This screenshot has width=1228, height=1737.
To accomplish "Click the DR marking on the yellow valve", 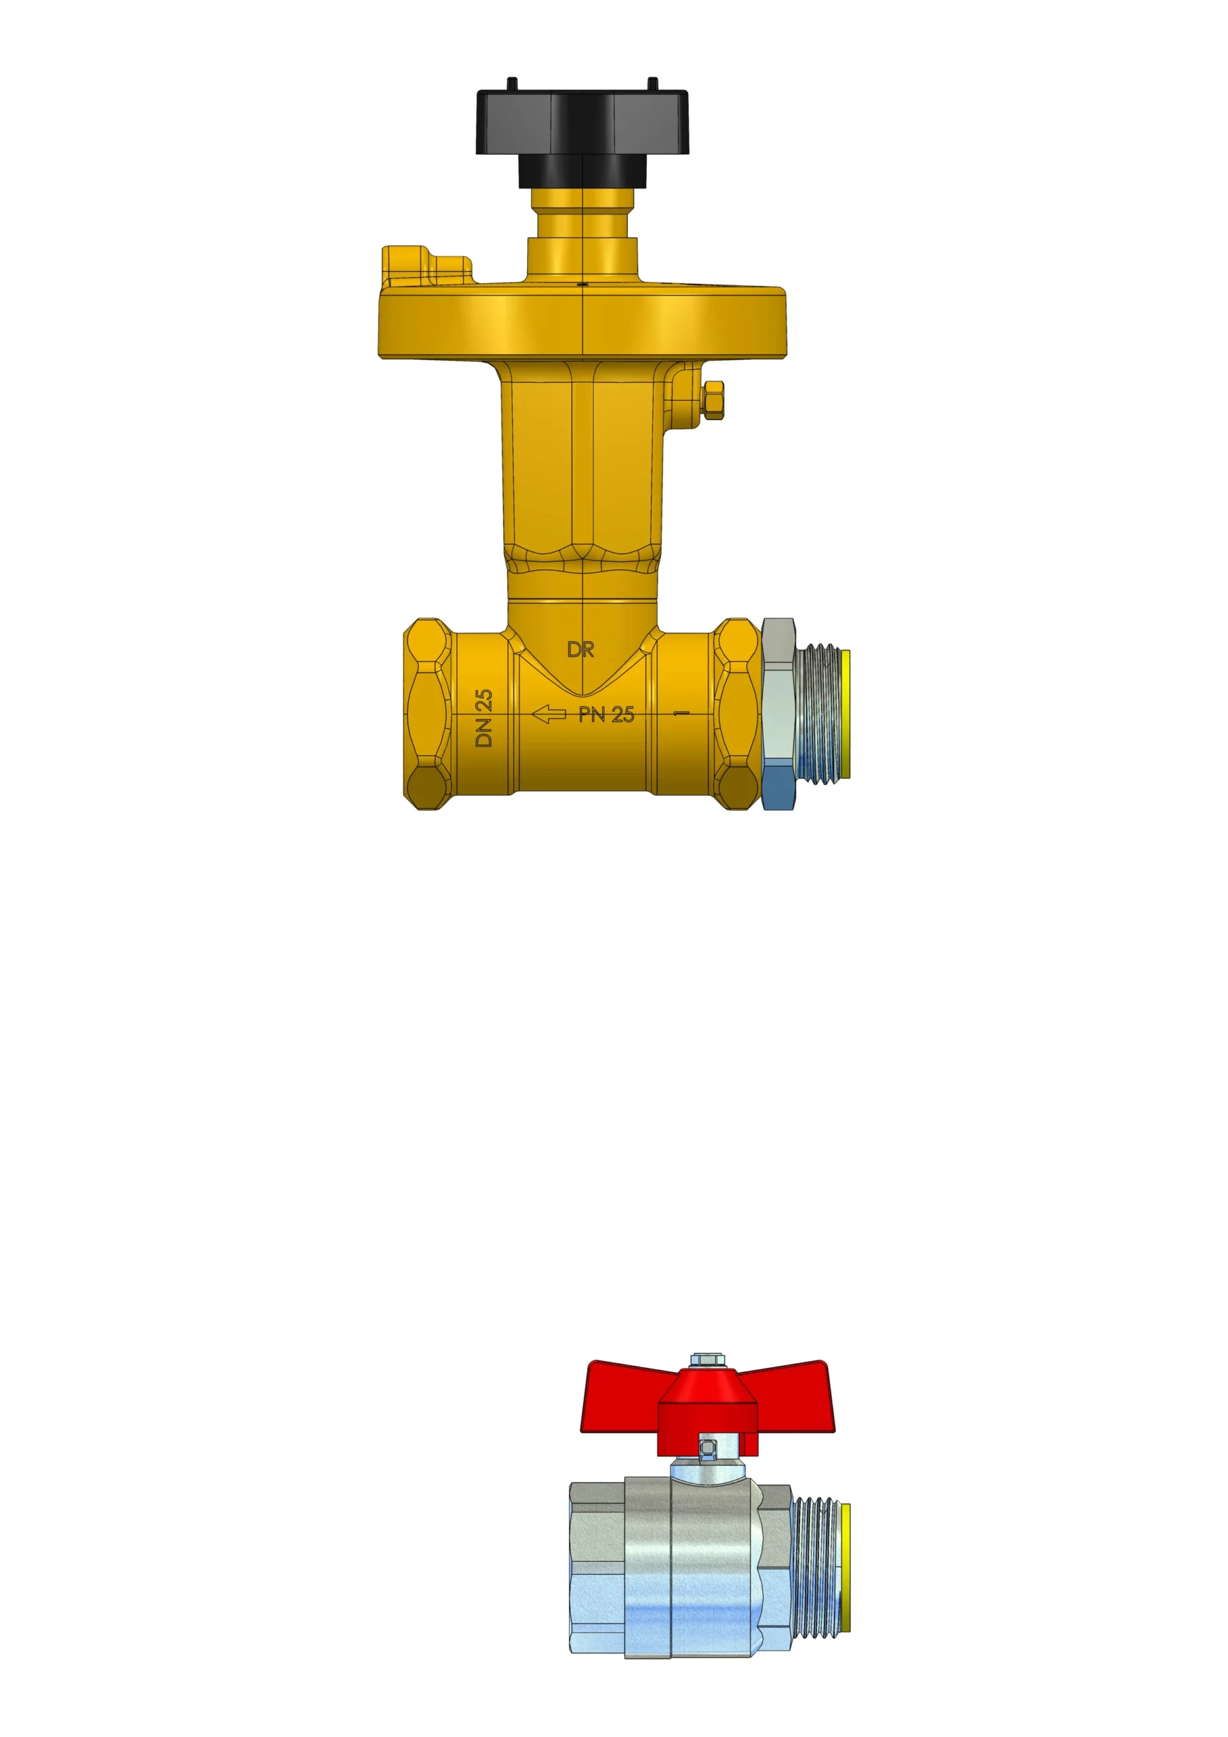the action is coord(580,649).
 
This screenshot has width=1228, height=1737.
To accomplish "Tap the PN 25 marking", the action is coord(606,714).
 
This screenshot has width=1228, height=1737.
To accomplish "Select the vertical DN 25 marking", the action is coord(484,717).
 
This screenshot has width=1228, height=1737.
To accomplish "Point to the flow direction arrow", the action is coord(549,713).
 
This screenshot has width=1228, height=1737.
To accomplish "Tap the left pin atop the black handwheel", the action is coord(512,83).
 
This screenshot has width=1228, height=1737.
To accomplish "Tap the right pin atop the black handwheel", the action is coord(653,83).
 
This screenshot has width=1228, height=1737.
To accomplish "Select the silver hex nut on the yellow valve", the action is coord(779,714).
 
